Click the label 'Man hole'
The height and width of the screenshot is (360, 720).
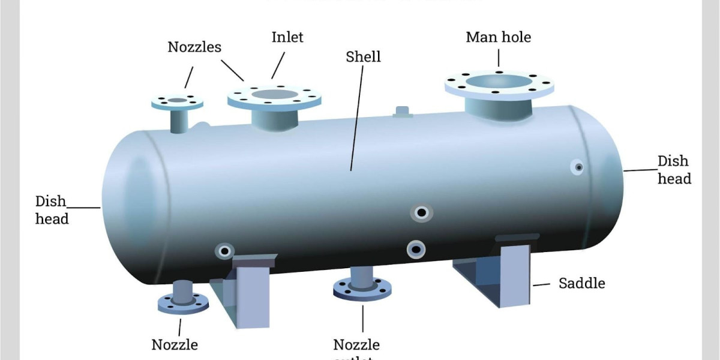[498, 37]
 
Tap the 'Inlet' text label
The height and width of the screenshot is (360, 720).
[287, 37]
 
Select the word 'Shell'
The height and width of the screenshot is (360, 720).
[363, 57]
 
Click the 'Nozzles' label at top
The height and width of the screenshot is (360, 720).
[194, 47]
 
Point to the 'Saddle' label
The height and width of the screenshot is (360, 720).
[581, 283]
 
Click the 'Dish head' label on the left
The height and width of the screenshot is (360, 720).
[52, 210]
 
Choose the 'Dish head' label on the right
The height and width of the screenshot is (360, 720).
[674, 170]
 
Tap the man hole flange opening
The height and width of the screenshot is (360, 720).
[499, 81]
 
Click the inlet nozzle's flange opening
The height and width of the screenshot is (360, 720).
[274, 94]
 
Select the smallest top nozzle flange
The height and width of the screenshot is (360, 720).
[177, 101]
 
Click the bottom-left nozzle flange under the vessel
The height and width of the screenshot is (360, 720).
[183, 303]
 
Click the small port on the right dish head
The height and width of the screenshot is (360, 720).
[578, 167]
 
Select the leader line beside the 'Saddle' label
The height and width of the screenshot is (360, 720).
[542, 284]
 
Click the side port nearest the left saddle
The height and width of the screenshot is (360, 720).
[224, 250]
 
